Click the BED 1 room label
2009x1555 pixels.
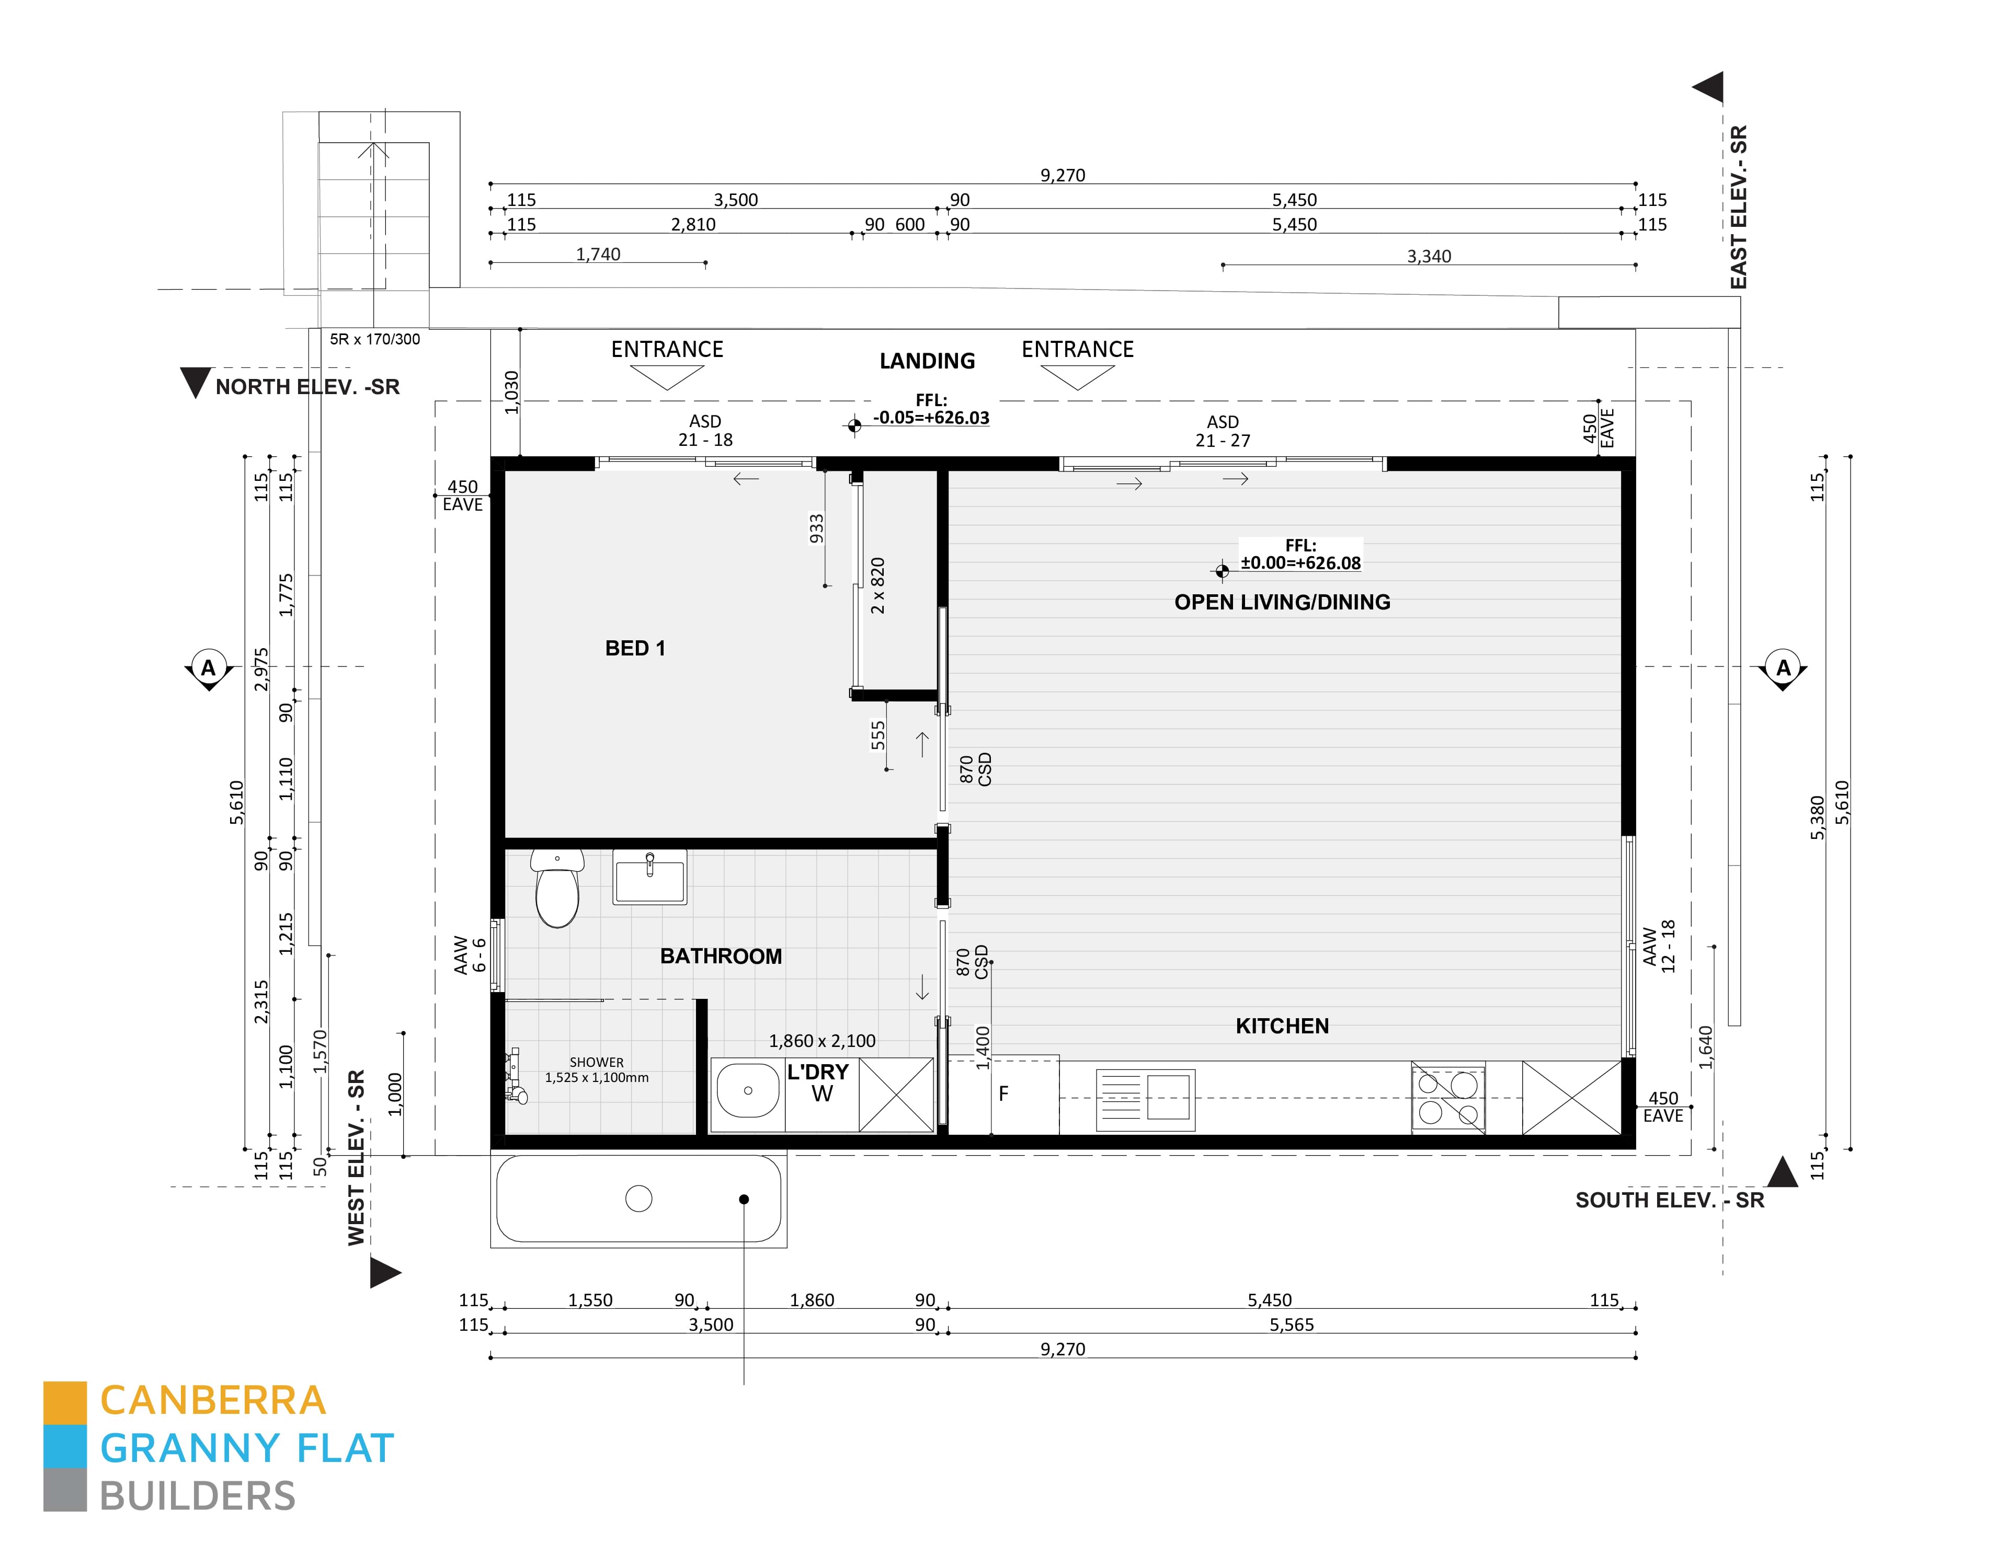635,648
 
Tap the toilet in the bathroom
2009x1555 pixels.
557,888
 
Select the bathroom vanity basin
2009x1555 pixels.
649,877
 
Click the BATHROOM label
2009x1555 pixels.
721,957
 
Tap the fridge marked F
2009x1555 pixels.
1003,1095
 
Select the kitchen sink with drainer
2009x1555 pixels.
1145,1100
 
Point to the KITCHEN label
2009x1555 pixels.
1282,1026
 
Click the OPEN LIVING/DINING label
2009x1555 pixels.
1282,602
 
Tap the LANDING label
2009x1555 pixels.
927,361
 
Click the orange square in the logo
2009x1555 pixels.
65,1402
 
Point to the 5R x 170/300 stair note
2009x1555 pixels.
374,339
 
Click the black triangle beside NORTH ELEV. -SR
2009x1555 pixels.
195,382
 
